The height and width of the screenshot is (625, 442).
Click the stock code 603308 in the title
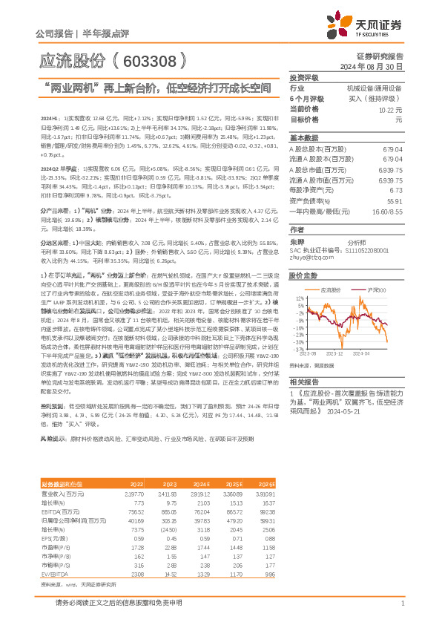(148, 59)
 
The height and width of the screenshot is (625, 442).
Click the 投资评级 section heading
(303, 77)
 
